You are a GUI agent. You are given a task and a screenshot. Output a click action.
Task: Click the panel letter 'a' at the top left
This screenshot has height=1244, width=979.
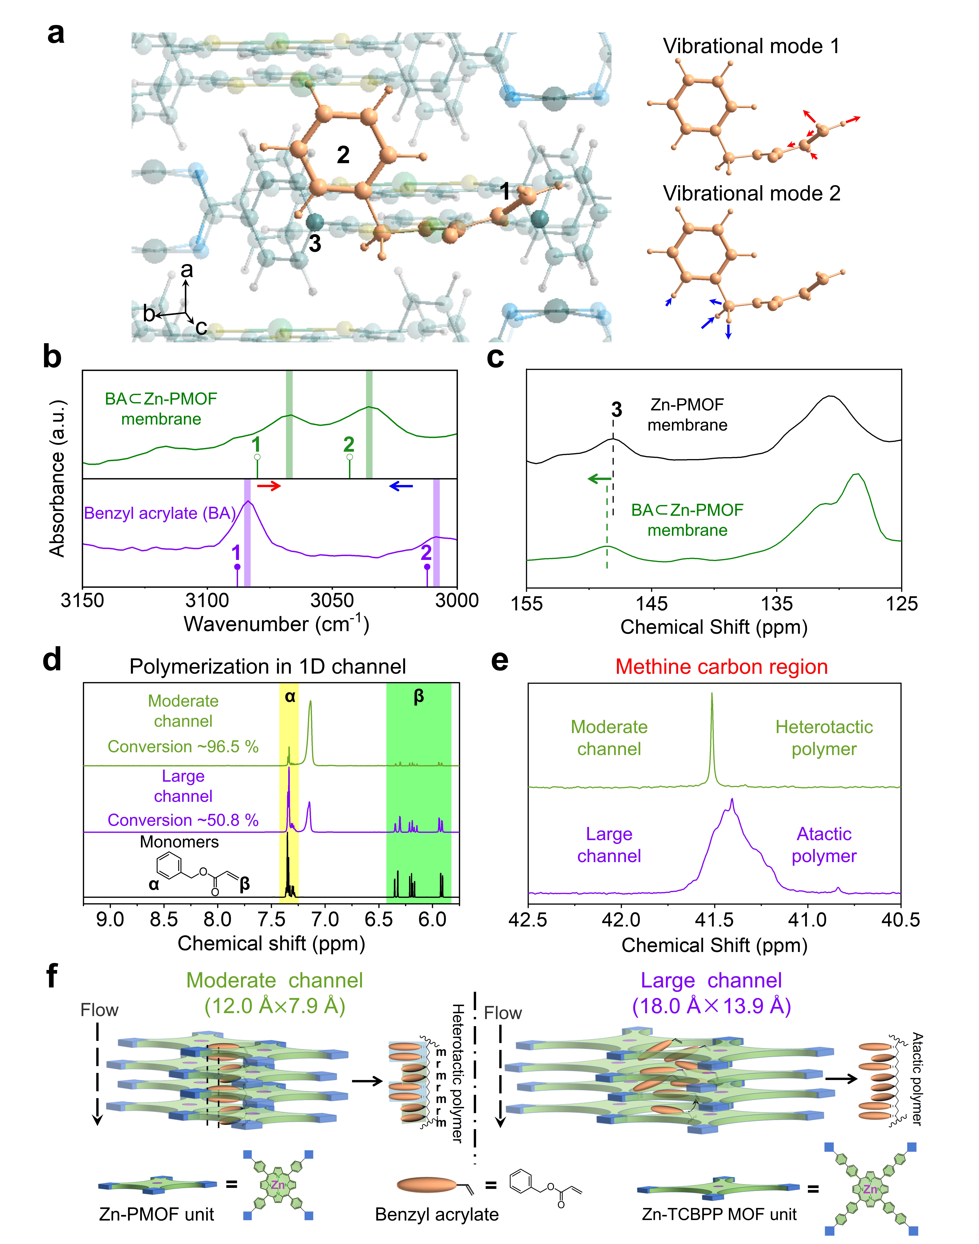point(56,33)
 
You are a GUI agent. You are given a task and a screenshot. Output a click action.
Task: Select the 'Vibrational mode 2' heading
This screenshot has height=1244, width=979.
point(752,194)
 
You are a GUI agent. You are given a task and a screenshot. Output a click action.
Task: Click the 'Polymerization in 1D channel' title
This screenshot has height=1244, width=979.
point(268,666)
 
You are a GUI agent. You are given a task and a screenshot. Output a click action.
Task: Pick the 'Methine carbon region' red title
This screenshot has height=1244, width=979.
point(722,666)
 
